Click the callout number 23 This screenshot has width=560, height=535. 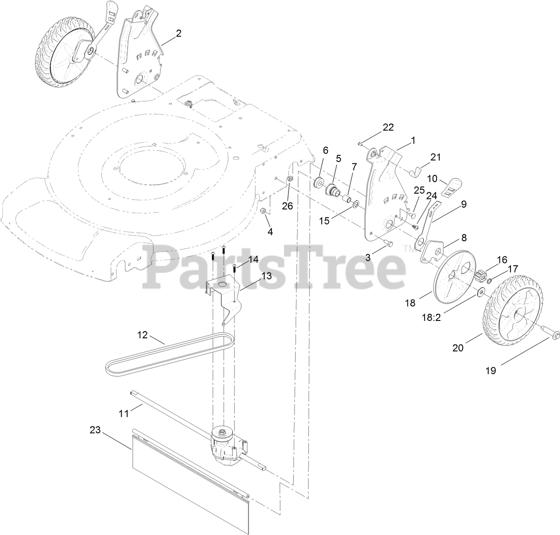pos(95,430)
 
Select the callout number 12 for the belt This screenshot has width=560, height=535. pos(142,335)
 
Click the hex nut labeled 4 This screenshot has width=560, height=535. pos(264,211)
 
